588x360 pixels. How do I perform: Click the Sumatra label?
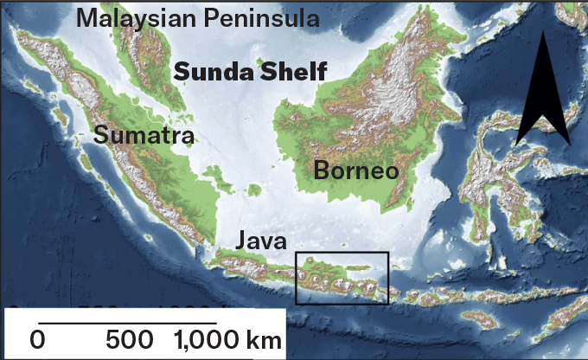144,136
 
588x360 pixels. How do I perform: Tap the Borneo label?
355,170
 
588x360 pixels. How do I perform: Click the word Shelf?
291,71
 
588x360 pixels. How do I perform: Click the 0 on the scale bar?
37,339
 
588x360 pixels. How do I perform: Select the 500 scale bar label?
130,339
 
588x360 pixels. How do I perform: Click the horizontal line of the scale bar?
130,322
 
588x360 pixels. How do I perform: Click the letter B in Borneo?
321,170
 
